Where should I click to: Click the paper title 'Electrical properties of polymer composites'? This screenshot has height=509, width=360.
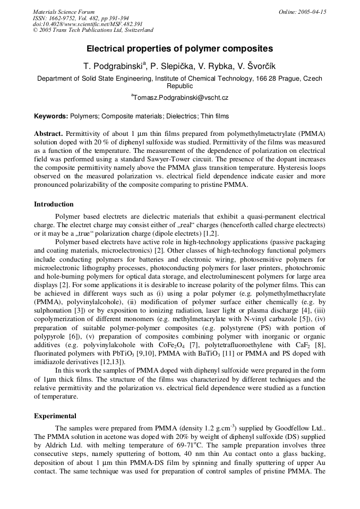click(x=179, y=49)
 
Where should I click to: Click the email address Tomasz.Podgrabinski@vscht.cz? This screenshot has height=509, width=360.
click(x=181, y=98)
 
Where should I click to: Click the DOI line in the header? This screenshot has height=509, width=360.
click(x=88, y=24)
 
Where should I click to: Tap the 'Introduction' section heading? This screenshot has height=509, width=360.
click(x=54, y=204)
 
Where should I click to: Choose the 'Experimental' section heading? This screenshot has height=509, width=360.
click(x=55, y=416)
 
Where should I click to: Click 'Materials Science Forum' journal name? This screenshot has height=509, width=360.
click(x=64, y=12)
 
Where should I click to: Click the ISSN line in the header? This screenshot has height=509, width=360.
click(x=80, y=18)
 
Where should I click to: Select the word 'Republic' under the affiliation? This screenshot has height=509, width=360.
click(x=180, y=85)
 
